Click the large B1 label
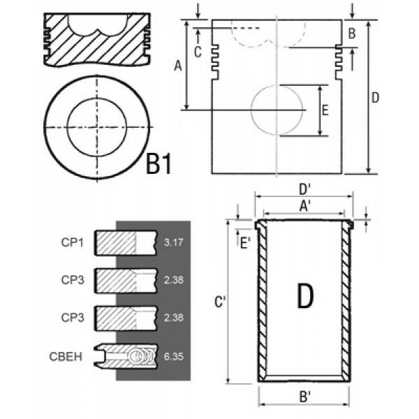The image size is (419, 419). tap(159, 163)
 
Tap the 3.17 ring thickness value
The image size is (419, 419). tap(174, 242)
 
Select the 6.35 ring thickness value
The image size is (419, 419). tap(174, 356)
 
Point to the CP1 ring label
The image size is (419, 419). tap(73, 242)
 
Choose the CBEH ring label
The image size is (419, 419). tap(66, 357)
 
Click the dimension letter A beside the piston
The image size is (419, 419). tap(177, 66)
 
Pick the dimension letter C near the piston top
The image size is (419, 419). tap(198, 52)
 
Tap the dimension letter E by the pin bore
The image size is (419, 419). tap(325, 110)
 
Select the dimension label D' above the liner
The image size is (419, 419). tap(304, 190)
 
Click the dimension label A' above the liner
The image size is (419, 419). tap(304, 206)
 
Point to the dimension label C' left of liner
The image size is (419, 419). tap(221, 302)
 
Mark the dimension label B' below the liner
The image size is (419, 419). tap(304, 397)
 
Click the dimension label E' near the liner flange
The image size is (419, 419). tap(245, 244)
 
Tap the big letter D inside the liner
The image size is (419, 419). tap(305, 296)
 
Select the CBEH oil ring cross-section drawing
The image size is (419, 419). tap(126, 356)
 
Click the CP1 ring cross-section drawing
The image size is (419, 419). tap(125, 242)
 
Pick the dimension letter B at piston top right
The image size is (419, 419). tap(352, 34)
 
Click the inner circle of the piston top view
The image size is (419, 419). tap(67, 127)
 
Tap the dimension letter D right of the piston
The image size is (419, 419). tap(375, 98)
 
